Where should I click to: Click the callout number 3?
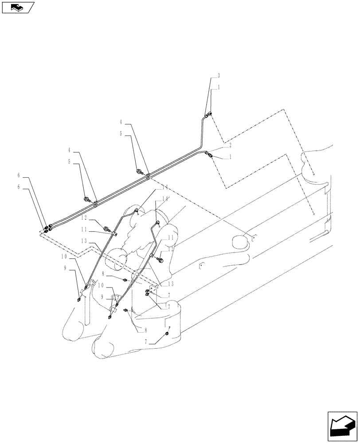(x=219, y=75)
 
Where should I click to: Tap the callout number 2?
(x=230, y=145)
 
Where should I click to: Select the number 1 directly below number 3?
(x=219, y=88)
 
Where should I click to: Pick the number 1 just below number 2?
(x=230, y=157)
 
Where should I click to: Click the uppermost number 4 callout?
(x=121, y=121)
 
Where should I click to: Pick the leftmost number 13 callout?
(x=84, y=241)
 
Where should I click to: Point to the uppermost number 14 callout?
(x=154, y=187)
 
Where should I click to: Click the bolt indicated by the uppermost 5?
(x=140, y=171)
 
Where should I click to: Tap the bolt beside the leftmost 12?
(x=106, y=229)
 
